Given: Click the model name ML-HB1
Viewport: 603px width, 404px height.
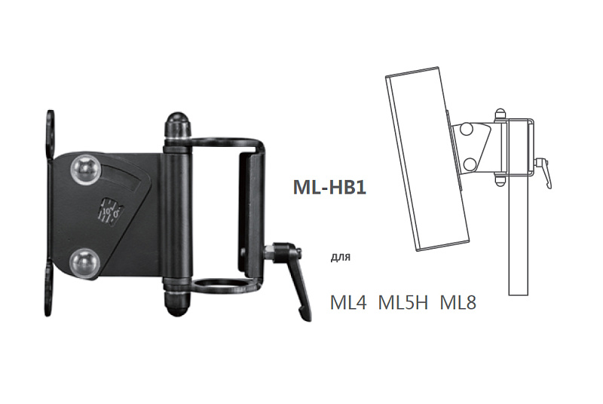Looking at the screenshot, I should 329,187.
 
